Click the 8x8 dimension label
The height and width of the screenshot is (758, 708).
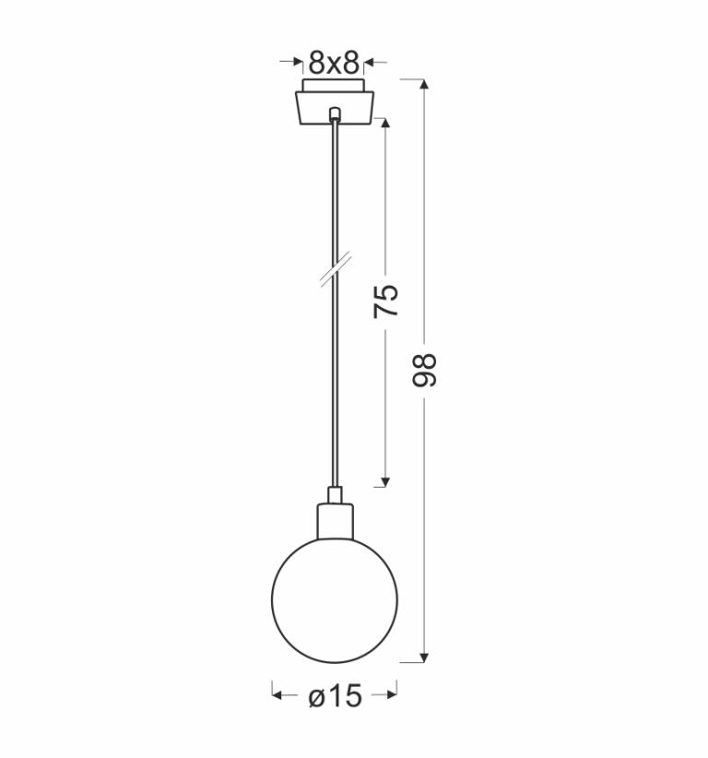click(x=334, y=63)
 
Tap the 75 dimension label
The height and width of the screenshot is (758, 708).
click(x=386, y=302)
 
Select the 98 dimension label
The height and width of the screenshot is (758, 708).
click(x=424, y=371)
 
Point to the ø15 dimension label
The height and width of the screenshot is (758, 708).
click(x=335, y=696)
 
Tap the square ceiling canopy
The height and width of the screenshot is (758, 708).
click(x=335, y=108)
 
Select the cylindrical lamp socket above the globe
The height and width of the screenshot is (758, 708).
click(x=335, y=521)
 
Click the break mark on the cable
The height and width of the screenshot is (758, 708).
click(x=336, y=270)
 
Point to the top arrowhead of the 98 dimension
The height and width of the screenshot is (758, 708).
click(x=424, y=84)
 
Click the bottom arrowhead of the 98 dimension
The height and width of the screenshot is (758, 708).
click(x=424, y=657)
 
